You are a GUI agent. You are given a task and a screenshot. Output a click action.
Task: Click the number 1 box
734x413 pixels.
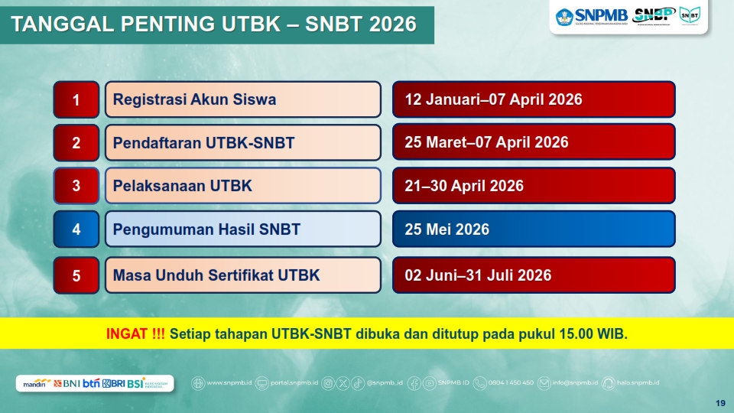(76, 99)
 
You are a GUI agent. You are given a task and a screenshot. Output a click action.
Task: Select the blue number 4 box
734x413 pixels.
(76, 229)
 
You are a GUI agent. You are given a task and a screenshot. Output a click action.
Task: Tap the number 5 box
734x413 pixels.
(76, 275)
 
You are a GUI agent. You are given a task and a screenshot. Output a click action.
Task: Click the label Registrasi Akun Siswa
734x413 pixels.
(194, 99)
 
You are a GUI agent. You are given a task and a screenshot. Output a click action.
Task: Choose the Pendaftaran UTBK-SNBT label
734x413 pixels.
(203, 143)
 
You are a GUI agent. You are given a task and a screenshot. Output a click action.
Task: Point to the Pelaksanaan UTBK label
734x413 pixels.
(182, 186)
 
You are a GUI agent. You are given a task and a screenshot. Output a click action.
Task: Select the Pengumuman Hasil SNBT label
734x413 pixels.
(206, 229)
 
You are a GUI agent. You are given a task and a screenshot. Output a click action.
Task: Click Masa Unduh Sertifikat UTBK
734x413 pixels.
(216, 275)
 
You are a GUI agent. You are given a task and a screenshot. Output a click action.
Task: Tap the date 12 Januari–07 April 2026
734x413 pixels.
(493, 99)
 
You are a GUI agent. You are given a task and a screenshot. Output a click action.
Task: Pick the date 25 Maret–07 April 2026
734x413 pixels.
(486, 143)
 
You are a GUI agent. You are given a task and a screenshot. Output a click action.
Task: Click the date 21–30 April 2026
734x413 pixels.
(464, 186)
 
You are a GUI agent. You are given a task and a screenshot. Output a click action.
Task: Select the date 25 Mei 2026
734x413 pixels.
(447, 229)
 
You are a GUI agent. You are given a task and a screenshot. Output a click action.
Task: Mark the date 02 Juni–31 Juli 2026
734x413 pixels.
(478, 275)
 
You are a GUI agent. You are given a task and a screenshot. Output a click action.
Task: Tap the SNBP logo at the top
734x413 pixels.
(654, 15)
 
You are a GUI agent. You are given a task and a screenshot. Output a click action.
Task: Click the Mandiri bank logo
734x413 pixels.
(36, 383)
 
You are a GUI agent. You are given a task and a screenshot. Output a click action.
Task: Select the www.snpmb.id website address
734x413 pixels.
(226, 382)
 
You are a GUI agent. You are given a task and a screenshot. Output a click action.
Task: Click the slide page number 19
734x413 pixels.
(719, 403)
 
